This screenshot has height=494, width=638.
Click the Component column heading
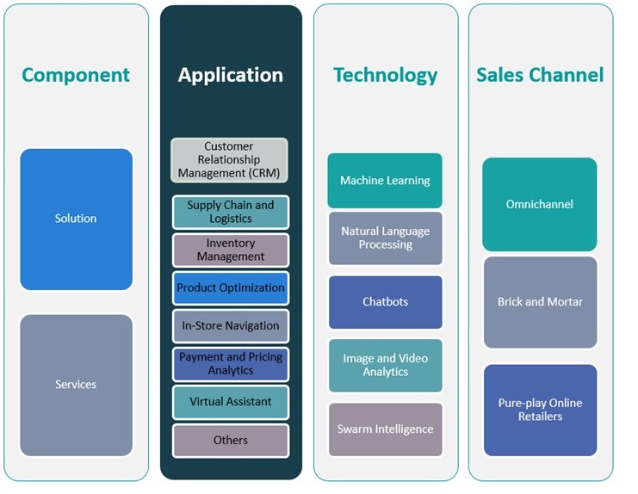point(76,75)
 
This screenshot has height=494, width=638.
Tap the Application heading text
point(231,75)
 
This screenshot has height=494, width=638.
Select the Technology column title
point(385,75)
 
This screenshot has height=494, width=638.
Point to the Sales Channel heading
point(540,75)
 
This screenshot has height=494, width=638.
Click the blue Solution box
point(76,219)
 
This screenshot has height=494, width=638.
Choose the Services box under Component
point(76,385)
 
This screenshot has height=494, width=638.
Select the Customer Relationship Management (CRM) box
point(229,160)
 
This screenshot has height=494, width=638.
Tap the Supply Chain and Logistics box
point(230,212)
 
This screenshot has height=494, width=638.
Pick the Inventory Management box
point(230,250)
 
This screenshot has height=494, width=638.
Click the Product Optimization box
point(230,288)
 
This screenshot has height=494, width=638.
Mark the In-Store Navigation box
point(230,326)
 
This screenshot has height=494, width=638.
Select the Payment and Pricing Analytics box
point(230,363)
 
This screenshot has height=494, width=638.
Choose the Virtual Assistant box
point(230,402)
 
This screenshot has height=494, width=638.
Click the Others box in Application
point(230,440)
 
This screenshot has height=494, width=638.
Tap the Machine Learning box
point(385,181)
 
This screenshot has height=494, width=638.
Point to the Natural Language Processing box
point(385,238)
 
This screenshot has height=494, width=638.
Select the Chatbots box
point(385,302)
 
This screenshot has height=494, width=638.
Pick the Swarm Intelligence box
point(385,429)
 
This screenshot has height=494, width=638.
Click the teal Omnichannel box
point(540,205)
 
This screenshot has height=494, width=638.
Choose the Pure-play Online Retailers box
point(540,410)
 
